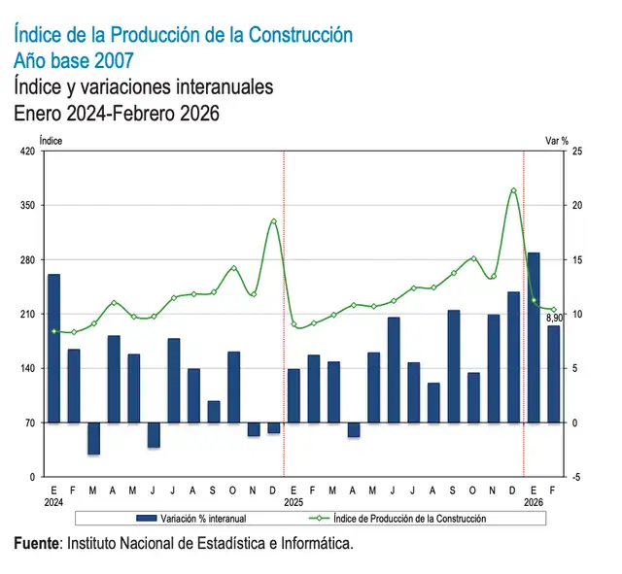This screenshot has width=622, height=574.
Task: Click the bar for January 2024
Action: point(53,349)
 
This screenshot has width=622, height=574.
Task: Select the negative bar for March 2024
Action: point(93,439)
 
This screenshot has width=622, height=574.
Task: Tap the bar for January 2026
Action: point(534,338)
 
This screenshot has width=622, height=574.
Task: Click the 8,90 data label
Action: point(555,319)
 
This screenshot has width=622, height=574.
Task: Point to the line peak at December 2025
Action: point(513,190)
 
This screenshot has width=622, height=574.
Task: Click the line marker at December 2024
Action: point(273,221)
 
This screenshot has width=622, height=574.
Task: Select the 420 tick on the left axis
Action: point(26,152)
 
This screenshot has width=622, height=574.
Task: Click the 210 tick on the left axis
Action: point(26,315)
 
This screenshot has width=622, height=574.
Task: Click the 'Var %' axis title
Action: point(556,140)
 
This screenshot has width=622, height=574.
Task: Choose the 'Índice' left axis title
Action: point(52,140)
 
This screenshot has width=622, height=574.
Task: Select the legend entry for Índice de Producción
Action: point(408,519)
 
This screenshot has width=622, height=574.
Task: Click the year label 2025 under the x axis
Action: point(294,503)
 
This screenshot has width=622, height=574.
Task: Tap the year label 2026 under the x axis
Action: point(534,503)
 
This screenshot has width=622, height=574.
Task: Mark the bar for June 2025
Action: point(394,370)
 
